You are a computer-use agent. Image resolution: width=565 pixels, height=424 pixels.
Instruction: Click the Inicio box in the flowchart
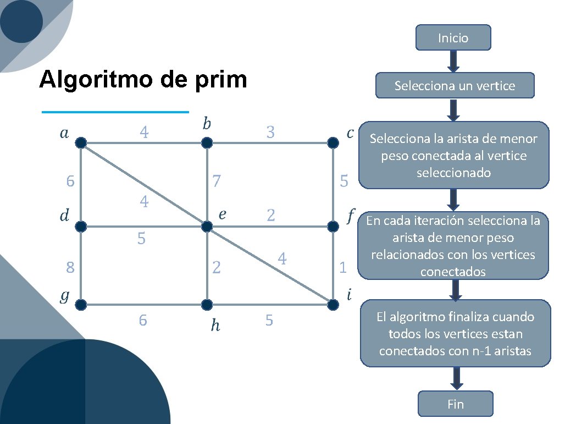click(453, 38)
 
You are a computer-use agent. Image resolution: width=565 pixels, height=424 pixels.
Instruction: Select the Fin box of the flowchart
click(456, 404)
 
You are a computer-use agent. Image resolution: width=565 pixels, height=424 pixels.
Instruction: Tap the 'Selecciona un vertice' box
click(455, 86)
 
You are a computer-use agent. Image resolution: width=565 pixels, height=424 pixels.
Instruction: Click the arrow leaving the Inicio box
click(453, 61)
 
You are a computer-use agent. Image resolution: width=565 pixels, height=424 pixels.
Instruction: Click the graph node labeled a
click(81, 143)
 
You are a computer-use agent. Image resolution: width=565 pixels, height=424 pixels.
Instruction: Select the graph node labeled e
click(207, 226)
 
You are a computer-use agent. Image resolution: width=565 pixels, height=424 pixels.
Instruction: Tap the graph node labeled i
click(333, 304)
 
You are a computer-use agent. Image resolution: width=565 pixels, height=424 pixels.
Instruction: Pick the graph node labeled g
click(81, 304)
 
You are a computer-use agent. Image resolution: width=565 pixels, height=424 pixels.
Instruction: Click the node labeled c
click(333, 143)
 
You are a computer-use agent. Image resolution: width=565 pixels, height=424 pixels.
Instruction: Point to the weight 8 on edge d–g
click(70, 268)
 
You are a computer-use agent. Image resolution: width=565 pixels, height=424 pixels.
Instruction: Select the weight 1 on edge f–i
click(343, 268)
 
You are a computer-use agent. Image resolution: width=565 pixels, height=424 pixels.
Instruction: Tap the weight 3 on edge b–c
click(270, 133)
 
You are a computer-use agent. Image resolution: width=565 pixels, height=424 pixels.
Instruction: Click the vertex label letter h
click(215, 326)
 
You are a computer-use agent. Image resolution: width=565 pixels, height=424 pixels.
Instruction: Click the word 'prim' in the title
click(220, 80)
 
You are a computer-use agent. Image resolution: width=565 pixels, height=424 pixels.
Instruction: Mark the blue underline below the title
click(115, 112)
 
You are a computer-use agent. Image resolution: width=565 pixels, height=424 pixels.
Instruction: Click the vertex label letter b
click(206, 123)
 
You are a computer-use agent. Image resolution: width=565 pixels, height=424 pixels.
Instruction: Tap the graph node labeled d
click(81, 226)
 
